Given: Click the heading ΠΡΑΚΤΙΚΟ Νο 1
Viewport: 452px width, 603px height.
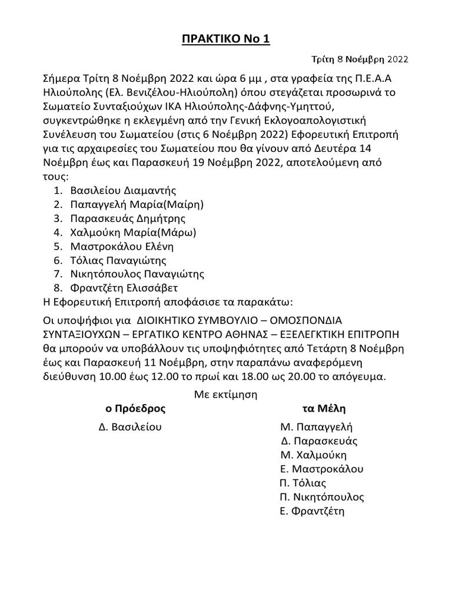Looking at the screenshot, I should pos(225,39).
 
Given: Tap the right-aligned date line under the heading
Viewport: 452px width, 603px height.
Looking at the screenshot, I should pos(360,59).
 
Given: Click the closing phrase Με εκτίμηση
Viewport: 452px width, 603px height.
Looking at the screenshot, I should pos(226,394).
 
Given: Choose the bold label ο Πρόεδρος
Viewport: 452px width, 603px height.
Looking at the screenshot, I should pos(135,408).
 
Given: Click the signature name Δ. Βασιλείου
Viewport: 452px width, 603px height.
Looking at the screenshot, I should pos(130,427).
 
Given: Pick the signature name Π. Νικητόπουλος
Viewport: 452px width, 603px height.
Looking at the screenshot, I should pos(322,497).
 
